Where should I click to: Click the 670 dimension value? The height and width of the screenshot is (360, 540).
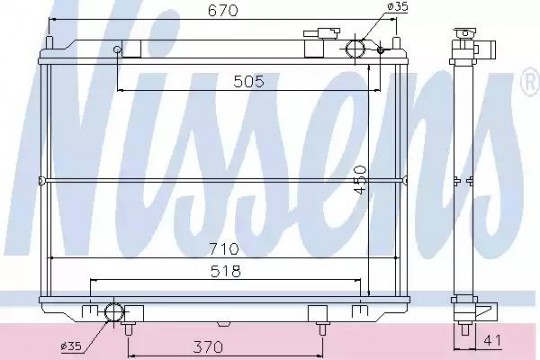click(x=223, y=10)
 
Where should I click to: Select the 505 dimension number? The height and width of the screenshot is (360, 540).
click(x=249, y=82)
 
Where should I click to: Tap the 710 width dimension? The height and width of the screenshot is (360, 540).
click(x=224, y=249)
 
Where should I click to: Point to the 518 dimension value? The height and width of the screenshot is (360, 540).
click(x=226, y=271)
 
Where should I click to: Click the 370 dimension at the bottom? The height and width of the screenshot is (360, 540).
click(x=208, y=347)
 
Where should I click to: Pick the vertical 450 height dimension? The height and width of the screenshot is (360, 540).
click(x=361, y=180)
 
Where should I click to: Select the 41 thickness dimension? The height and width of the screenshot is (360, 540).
click(x=492, y=340)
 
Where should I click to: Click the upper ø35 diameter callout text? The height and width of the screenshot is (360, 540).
click(x=397, y=7)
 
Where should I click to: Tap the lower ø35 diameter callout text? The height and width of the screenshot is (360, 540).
click(x=71, y=346)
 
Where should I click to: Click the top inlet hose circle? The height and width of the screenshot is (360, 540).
click(x=355, y=49)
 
